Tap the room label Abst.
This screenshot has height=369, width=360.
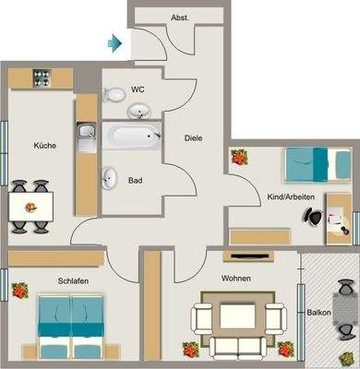click(x=181, y=18)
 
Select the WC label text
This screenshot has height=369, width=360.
click(x=138, y=89)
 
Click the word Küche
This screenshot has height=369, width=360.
click(x=44, y=146)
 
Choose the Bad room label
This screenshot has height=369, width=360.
click(x=136, y=181)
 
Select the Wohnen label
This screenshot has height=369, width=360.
click(x=236, y=278)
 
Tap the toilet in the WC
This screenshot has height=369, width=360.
click(x=115, y=93)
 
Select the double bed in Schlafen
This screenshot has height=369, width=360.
click(x=70, y=326)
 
